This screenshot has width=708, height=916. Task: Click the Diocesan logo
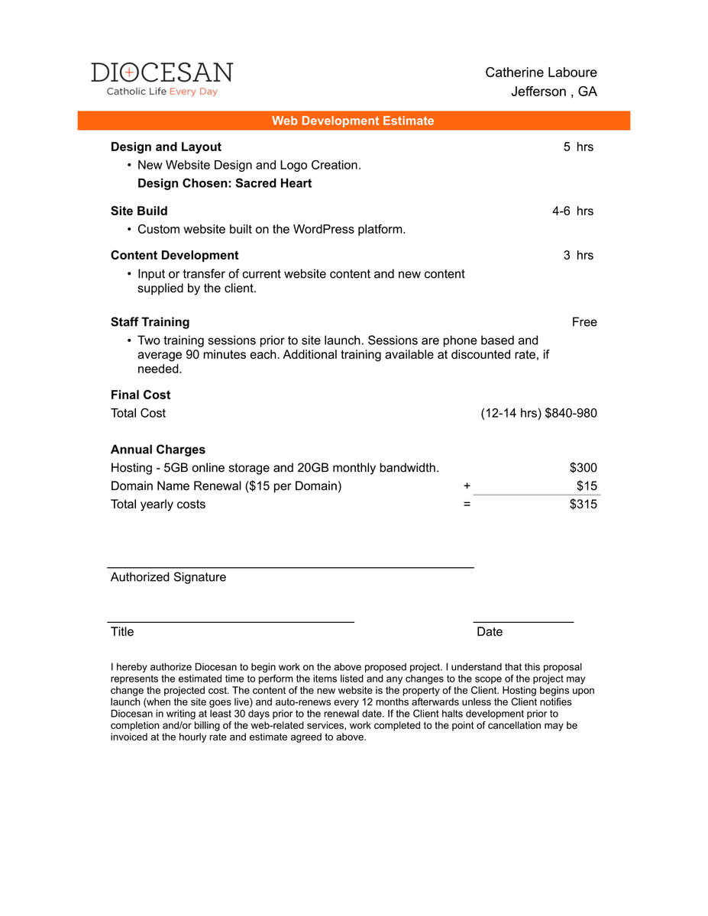[x=162, y=79]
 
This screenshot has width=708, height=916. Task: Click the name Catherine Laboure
[x=541, y=73]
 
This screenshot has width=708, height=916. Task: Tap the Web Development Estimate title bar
[x=353, y=121]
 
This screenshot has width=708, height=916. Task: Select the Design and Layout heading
[x=166, y=147]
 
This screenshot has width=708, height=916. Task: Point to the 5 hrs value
[x=578, y=147]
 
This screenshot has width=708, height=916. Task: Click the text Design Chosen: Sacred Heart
[x=225, y=183]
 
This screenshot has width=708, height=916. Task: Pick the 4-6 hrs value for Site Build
[x=573, y=211]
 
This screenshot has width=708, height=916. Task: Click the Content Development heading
[x=174, y=255]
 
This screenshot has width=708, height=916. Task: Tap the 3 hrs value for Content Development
[x=578, y=255]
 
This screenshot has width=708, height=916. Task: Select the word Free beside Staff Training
[x=584, y=322]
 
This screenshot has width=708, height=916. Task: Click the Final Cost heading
[x=141, y=395]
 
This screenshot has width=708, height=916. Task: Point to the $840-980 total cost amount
[x=571, y=413]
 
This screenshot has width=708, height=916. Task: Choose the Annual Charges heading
[x=158, y=450]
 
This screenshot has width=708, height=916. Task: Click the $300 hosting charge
[x=584, y=468]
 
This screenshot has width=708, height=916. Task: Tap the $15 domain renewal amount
[x=587, y=486]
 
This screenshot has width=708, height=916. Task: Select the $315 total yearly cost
[x=584, y=504]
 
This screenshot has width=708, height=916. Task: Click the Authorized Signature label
[x=168, y=577]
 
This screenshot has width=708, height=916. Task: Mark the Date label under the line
[x=490, y=631]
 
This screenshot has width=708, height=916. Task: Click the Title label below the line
[x=122, y=631]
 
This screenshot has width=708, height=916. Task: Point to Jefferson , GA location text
[x=554, y=92]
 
